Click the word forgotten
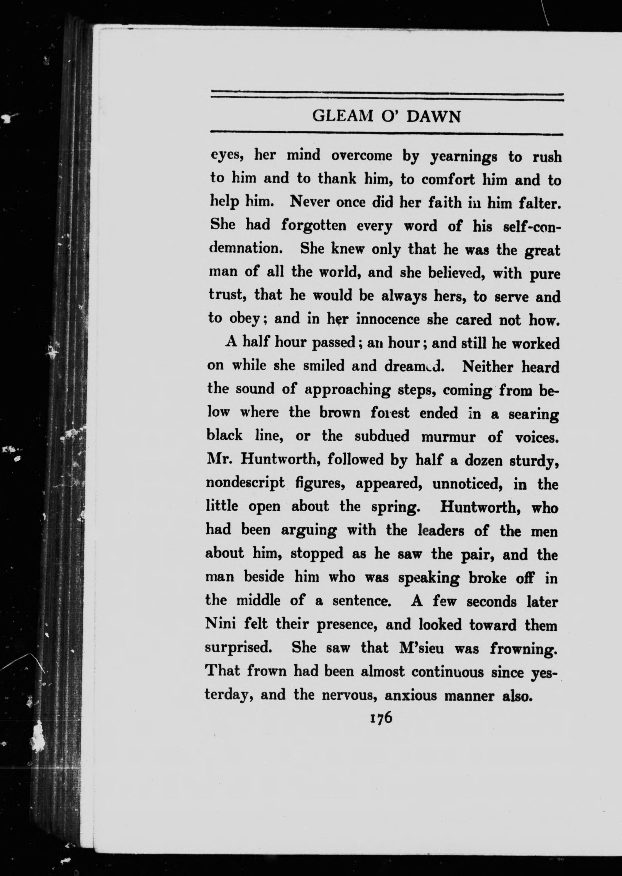tap(314, 226)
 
